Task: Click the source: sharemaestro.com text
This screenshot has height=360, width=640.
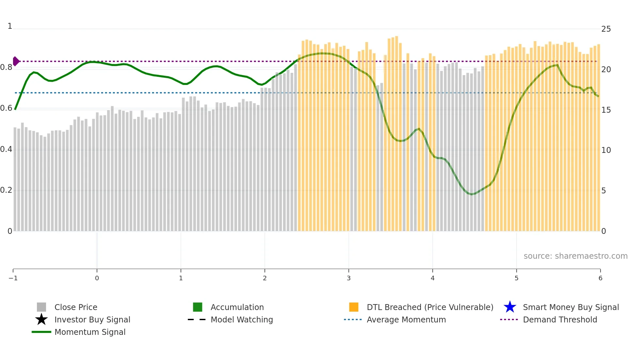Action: (x=575, y=256)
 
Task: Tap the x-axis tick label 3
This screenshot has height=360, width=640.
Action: (x=348, y=278)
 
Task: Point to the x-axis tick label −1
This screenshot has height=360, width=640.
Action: (x=13, y=278)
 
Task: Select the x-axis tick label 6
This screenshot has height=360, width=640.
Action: (x=600, y=278)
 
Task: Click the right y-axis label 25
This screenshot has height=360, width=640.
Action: (x=606, y=29)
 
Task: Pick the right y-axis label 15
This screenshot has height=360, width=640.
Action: (x=606, y=110)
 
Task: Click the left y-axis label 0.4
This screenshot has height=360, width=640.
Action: (x=6, y=149)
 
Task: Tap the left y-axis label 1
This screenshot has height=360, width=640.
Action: (x=10, y=26)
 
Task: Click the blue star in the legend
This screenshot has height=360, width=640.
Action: (x=510, y=307)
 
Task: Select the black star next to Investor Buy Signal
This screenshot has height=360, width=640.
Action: (x=41, y=319)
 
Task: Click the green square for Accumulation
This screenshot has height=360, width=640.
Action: (x=198, y=307)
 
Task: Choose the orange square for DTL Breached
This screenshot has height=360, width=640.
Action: (x=354, y=307)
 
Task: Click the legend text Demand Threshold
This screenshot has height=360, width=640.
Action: (x=560, y=319)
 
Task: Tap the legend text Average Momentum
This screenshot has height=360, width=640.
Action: (x=406, y=319)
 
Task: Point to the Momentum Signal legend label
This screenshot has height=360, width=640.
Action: (x=90, y=332)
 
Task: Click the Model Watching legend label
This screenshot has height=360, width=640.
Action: (x=242, y=319)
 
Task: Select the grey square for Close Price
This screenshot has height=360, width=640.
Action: (x=41, y=307)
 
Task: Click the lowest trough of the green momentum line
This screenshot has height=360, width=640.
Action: (x=471, y=194)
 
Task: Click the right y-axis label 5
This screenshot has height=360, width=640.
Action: (x=603, y=191)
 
